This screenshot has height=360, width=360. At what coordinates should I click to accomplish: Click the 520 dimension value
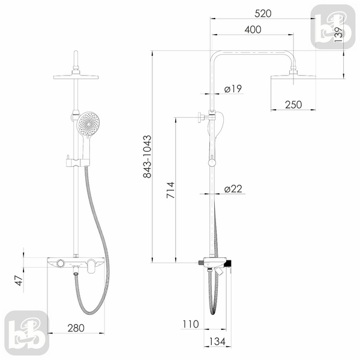(263, 14)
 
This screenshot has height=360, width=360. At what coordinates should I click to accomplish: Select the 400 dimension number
(253, 29)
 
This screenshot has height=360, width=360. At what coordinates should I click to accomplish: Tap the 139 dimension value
(338, 34)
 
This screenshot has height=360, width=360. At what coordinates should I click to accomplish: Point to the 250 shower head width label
(293, 104)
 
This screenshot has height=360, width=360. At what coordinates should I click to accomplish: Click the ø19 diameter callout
(233, 89)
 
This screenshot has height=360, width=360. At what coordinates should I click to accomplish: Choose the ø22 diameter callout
(233, 189)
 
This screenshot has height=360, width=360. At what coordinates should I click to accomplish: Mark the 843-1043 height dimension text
(147, 157)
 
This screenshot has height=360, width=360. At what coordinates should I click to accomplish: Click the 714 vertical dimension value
(170, 190)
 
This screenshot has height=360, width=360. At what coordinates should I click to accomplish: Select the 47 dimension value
(19, 281)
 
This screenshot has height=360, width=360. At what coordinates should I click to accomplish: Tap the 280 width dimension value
(76, 328)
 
